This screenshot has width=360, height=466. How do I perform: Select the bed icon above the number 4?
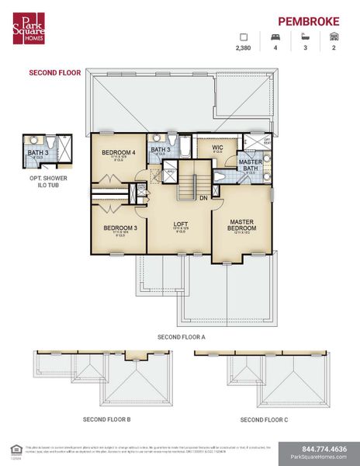274,37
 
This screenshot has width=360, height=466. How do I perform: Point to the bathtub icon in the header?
305,37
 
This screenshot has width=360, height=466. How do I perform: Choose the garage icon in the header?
334,37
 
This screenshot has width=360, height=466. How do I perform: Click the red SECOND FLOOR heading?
55,72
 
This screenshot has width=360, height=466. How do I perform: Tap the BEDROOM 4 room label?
118,153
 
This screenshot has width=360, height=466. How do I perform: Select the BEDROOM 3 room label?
119,228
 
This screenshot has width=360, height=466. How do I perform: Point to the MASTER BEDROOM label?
242,225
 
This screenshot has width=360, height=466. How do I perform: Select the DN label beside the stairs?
202,198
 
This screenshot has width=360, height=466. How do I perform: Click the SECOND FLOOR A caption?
181,337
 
